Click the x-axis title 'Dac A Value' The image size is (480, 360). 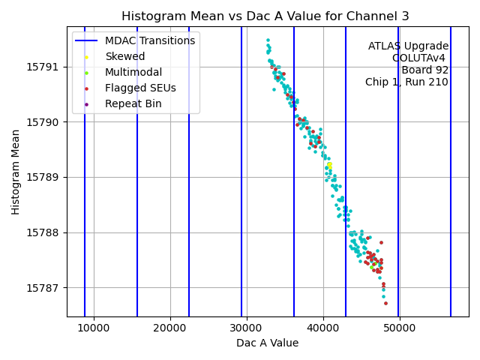pyautogui.click(x=267, y=343)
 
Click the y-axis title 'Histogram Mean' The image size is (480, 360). pyautogui.click(x=16, y=172)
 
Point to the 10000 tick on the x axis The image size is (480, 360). pyautogui.click(x=94, y=328)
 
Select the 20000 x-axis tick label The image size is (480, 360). pyautogui.click(x=170, y=328)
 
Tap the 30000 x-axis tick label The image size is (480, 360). pyautogui.click(x=247, y=328)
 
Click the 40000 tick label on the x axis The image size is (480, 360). pyautogui.click(x=323, y=328)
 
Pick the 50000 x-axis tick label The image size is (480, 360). pyautogui.click(x=399, y=328)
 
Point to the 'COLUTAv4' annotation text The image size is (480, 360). pyautogui.click(x=420, y=58)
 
